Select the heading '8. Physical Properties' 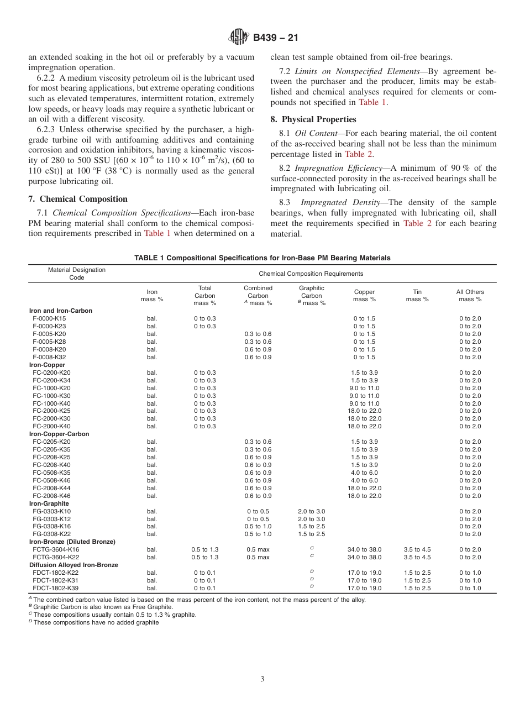pos(313,119)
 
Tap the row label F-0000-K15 pos(49,318)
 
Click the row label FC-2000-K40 pos(51,426)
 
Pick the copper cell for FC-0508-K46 pos(364,480)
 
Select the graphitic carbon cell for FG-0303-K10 pos(311,511)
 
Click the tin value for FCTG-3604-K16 pos(417,549)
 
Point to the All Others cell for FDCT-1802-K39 pos(470,588)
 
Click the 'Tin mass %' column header pos(417,296)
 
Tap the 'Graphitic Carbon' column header pos(311,296)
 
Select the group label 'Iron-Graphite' pos(49,503)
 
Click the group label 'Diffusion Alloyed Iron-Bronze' pos(73,565)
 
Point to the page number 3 pos(262,679)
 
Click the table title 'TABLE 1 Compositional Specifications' pos(262,258)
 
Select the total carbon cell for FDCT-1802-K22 pos(204,573)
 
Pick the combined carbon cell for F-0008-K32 pos(258,357)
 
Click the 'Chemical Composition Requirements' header pos(311,274)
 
